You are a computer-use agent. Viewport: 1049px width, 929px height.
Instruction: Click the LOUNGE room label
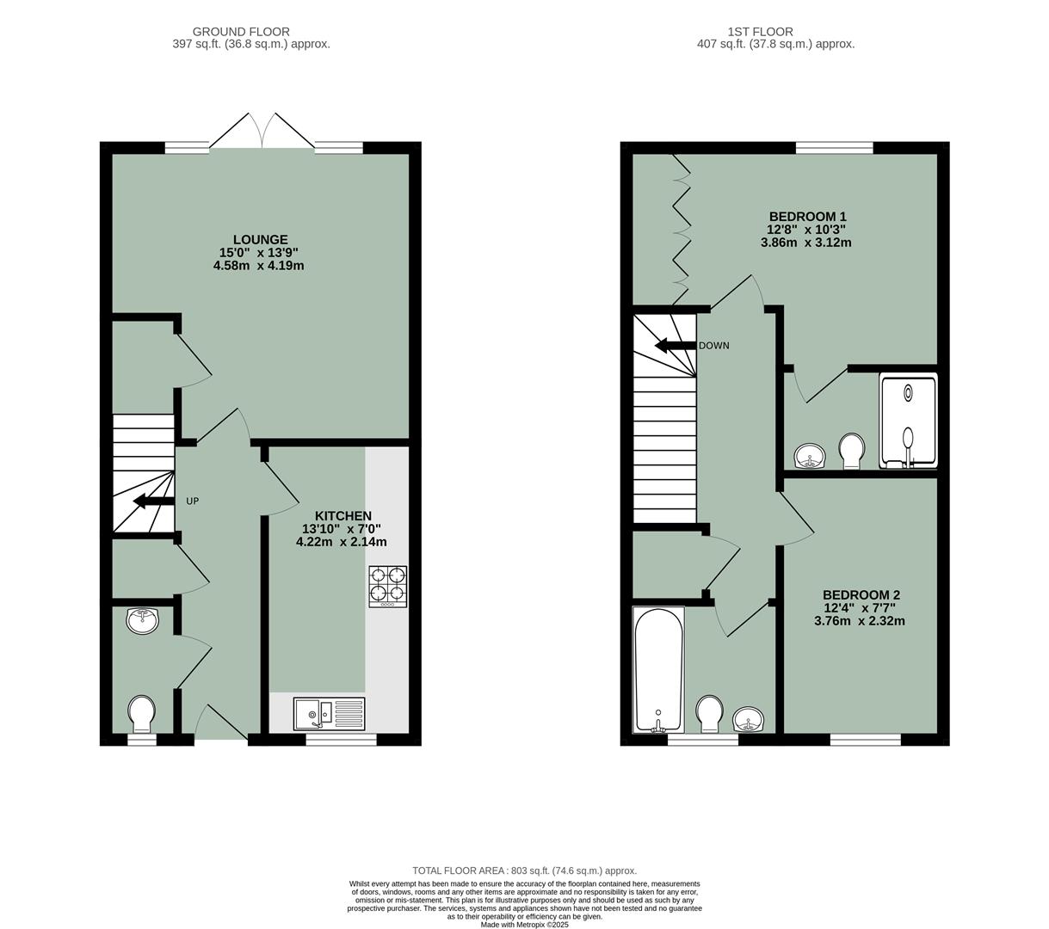point(260,240)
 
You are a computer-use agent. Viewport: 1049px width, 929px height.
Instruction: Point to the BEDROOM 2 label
point(861,595)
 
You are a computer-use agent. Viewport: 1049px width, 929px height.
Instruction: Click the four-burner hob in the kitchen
point(387,585)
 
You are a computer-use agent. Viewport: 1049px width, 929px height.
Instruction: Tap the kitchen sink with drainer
point(329,713)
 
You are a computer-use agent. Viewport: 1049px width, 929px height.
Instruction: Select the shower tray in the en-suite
point(907,421)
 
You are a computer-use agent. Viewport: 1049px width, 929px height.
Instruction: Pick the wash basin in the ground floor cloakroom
point(142,620)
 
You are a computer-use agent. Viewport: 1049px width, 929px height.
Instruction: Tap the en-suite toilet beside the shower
point(851,450)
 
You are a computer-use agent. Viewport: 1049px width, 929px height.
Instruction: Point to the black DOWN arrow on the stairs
point(675,346)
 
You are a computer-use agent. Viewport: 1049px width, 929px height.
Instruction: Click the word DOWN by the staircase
point(713,346)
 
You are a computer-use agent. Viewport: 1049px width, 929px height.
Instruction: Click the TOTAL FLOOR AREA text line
point(524,871)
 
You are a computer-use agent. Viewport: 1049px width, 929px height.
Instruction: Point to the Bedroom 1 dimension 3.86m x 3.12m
point(805,243)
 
